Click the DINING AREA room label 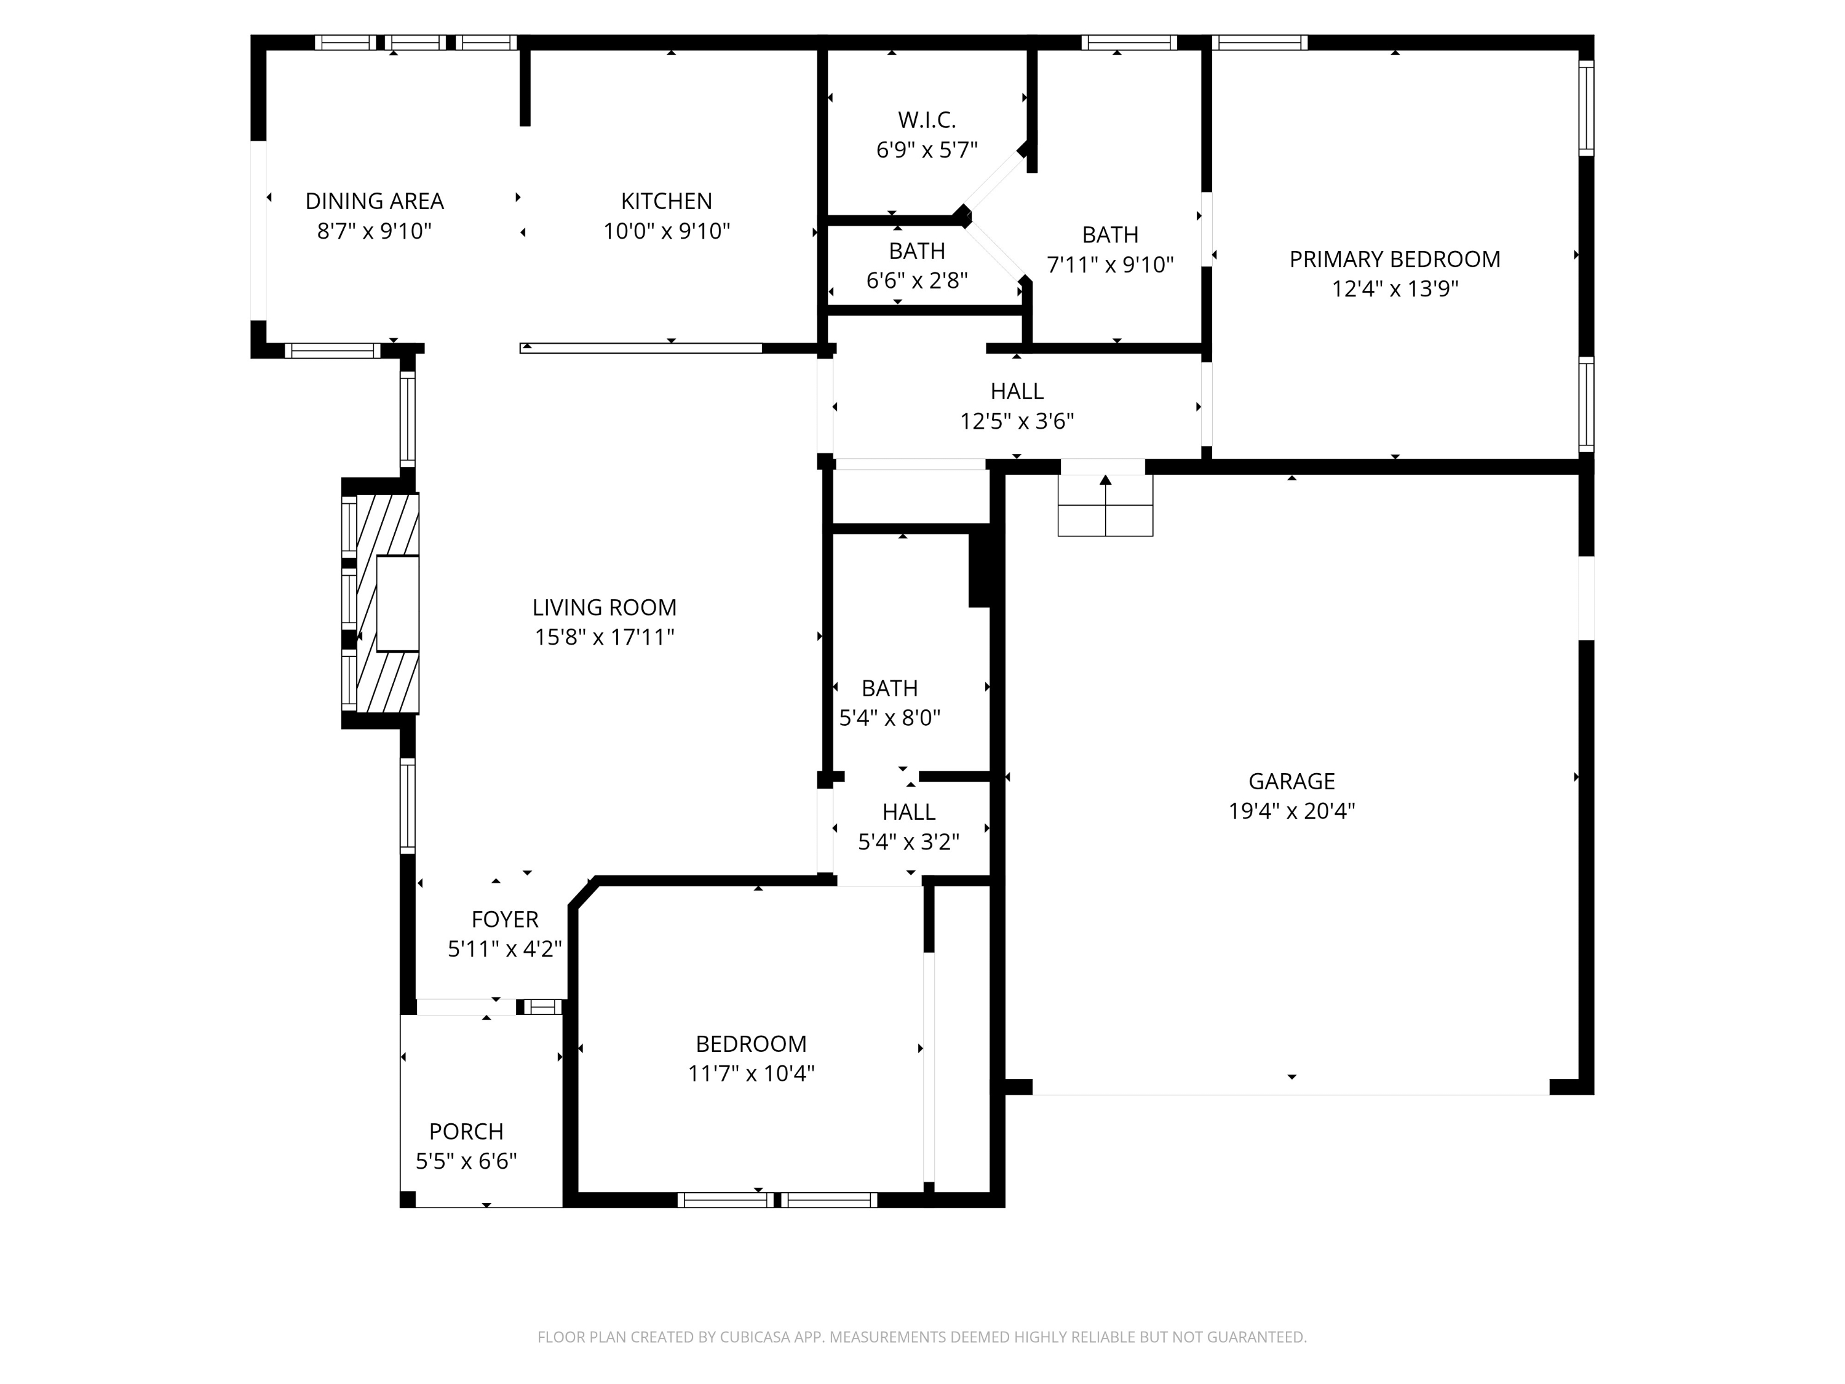375,201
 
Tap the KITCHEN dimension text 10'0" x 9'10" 667,231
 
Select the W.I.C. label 927,120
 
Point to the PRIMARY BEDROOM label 1395,260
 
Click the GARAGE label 1291,782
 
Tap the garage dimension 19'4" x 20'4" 1291,811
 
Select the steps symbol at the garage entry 1105,506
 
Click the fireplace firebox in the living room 397,604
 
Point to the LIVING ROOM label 605,607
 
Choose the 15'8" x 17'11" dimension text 605,637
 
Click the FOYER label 505,920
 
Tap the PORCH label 466,1132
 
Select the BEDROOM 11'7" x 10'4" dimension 751,1073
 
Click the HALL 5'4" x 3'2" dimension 908,841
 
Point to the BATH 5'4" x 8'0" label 889,688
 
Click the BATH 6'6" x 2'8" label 917,251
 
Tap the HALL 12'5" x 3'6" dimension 1017,421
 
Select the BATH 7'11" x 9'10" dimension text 1110,265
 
